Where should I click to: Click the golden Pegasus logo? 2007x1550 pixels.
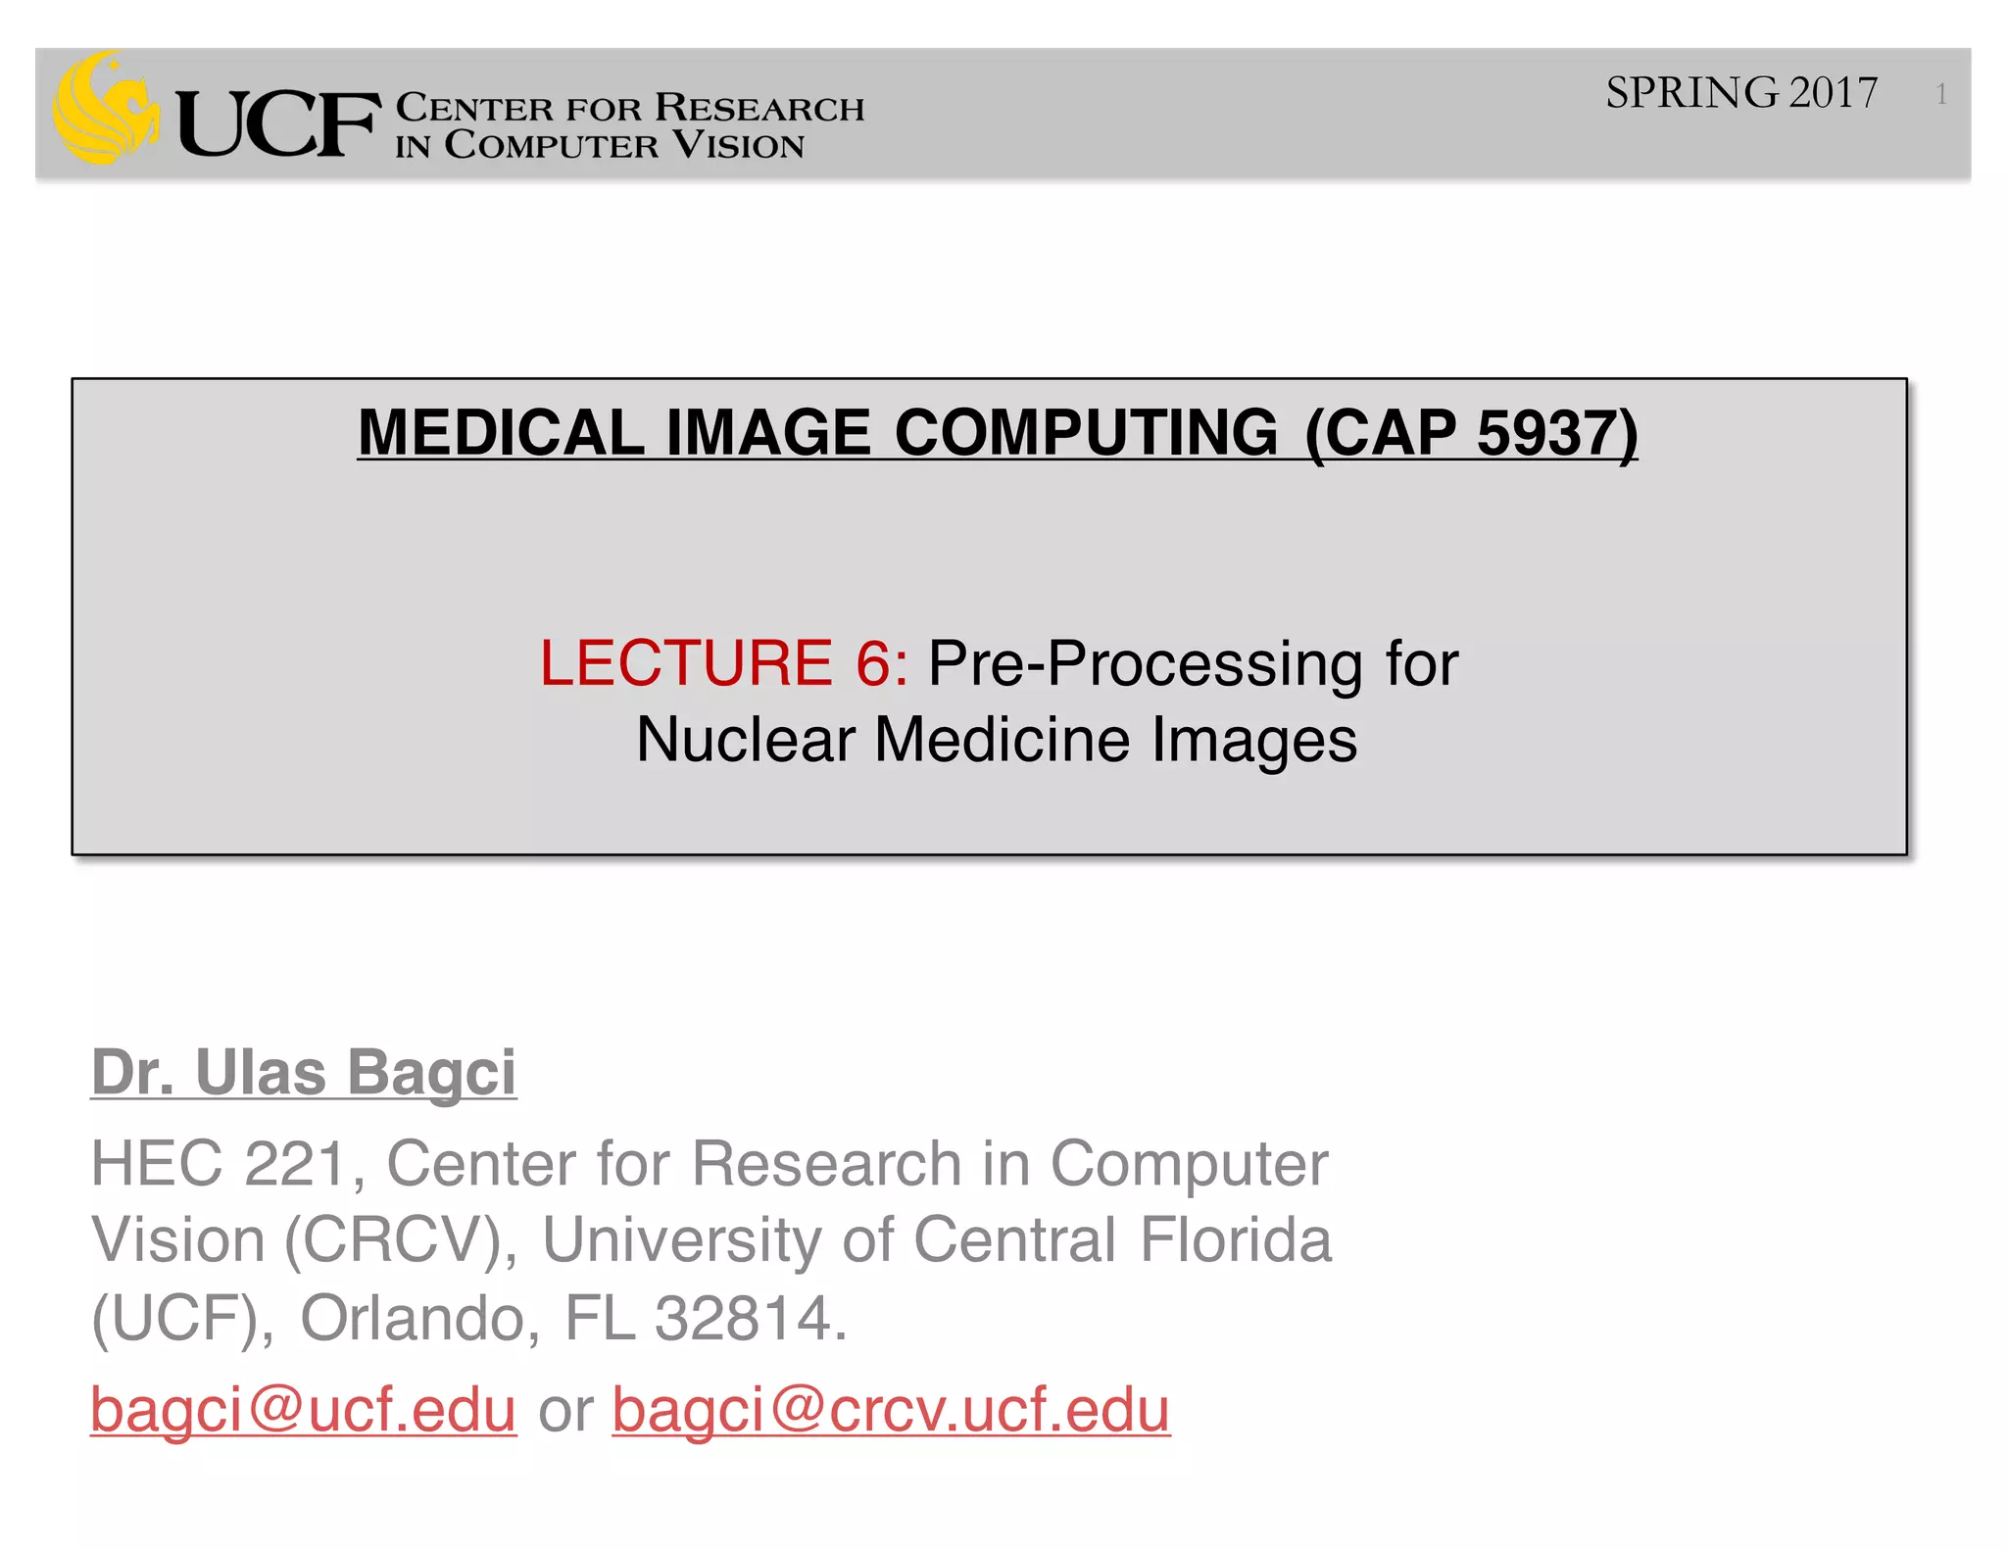pos(106,108)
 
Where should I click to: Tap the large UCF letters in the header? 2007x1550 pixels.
pos(277,123)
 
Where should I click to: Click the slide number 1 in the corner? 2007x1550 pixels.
pos(1940,94)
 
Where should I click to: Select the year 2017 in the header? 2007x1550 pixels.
pos(1833,93)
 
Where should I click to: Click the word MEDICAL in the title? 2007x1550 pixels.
pos(501,433)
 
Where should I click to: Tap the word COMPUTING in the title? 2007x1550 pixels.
pos(1086,433)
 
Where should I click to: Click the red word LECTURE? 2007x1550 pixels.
pos(685,663)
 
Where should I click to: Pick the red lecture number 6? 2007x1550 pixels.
pos(874,663)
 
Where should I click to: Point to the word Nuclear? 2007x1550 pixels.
pos(745,740)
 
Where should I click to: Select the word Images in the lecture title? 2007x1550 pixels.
pos(1254,742)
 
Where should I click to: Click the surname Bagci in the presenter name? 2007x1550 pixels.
pos(431,1073)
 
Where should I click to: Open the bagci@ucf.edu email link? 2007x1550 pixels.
pos(303,1411)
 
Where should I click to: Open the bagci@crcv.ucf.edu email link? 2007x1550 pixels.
pos(891,1411)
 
